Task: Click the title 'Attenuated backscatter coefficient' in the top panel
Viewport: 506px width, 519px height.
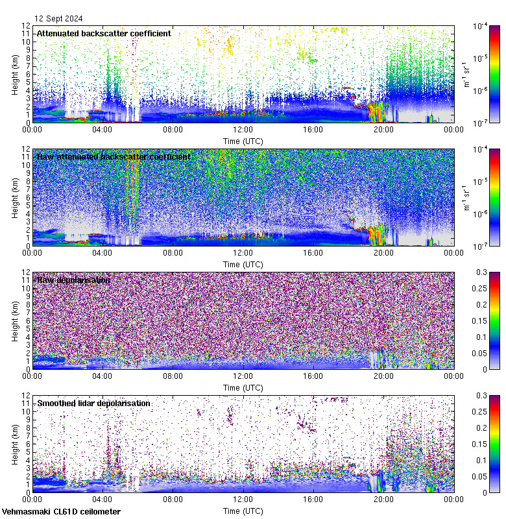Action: point(104,33)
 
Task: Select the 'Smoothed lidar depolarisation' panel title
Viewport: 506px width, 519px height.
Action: point(93,403)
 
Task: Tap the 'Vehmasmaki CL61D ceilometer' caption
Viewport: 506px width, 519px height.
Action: point(61,512)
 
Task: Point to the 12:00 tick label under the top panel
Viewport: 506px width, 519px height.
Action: point(243,129)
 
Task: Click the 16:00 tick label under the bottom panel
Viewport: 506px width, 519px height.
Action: point(313,499)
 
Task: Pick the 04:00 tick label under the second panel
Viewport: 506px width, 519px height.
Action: point(102,252)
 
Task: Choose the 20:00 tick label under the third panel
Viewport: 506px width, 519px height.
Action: point(383,376)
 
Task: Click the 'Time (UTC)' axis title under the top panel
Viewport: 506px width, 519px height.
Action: point(243,141)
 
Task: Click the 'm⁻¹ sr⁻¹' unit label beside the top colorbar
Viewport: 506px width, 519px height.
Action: point(465,74)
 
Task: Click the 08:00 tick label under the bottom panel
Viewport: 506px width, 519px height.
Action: point(172,499)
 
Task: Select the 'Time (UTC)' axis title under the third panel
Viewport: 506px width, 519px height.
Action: point(243,387)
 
